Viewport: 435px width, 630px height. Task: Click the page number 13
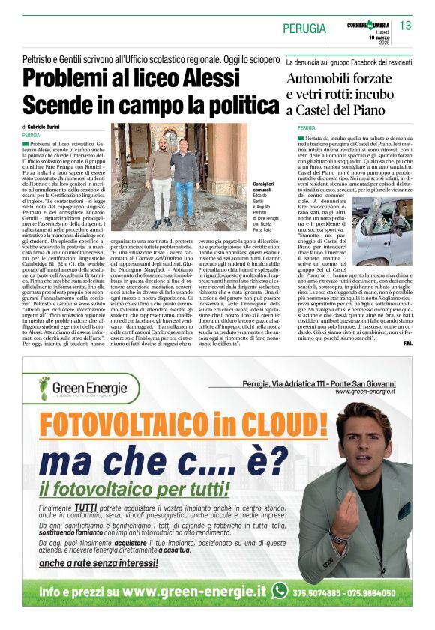point(406,25)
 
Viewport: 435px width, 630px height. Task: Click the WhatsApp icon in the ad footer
point(280,591)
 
